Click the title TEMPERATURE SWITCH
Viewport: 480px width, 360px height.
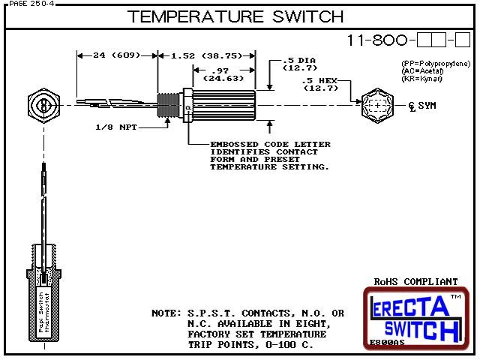coord(235,16)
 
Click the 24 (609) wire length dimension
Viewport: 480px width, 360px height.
coord(116,55)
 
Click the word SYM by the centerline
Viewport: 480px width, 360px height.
coord(426,106)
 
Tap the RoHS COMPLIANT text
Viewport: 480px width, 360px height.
coord(415,282)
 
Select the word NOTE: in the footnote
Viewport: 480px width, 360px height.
coord(163,313)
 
